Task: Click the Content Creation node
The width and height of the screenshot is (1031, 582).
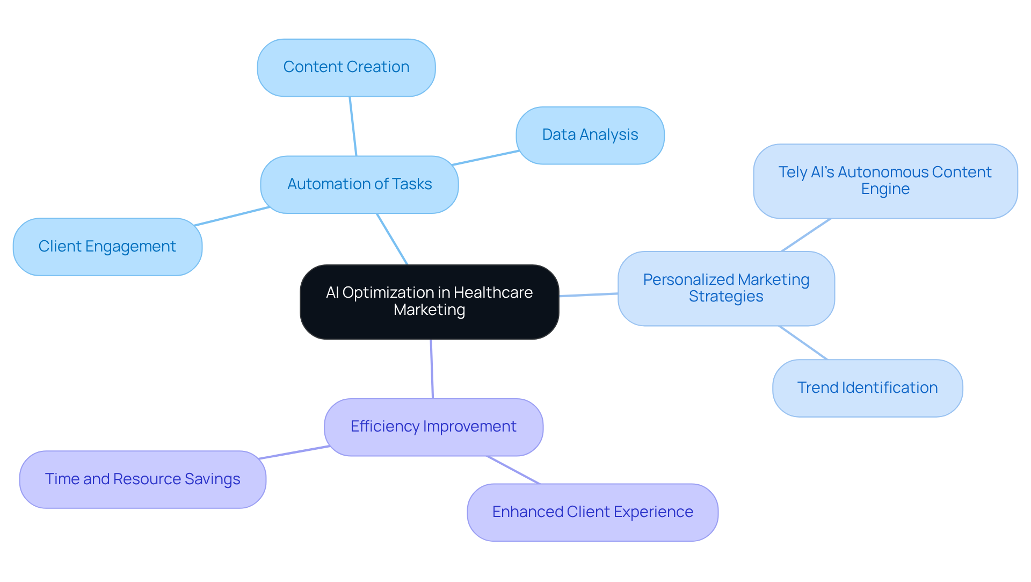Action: pyautogui.click(x=346, y=68)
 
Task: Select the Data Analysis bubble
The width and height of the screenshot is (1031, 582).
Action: pyautogui.click(x=590, y=135)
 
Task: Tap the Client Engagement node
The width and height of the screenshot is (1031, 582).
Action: pyautogui.click(x=107, y=247)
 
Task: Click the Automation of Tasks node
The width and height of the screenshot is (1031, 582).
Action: pyautogui.click(x=359, y=184)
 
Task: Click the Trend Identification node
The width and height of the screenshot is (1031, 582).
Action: pyautogui.click(x=867, y=388)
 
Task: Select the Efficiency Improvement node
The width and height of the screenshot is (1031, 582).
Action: pyautogui.click(x=433, y=427)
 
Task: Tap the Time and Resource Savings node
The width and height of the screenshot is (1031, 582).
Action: pyautogui.click(x=143, y=479)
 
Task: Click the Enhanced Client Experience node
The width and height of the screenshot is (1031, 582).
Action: pyautogui.click(x=592, y=512)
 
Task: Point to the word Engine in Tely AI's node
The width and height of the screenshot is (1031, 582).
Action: pyautogui.click(x=885, y=189)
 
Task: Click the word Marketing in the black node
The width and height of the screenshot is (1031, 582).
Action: pyautogui.click(x=429, y=310)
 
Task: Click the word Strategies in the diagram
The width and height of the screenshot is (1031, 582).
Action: pyautogui.click(x=726, y=297)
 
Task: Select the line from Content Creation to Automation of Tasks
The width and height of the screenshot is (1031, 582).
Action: pyautogui.click(x=353, y=126)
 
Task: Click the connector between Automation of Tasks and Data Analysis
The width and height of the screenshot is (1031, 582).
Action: pyautogui.click(x=485, y=158)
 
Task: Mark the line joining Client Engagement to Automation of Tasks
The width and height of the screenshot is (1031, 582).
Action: pyautogui.click(x=232, y=216)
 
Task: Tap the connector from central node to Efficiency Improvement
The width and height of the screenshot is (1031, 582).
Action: pyautogui.click(x=432, y=369)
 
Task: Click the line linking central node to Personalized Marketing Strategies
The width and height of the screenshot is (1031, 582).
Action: pyautogui.click(x=589, y=295)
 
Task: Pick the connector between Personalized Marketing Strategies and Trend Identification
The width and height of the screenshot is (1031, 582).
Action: pyautogui.click(x=803, y=343)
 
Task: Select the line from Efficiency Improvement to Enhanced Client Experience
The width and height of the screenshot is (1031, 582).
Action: pyautogui.click(x=513, y=470)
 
